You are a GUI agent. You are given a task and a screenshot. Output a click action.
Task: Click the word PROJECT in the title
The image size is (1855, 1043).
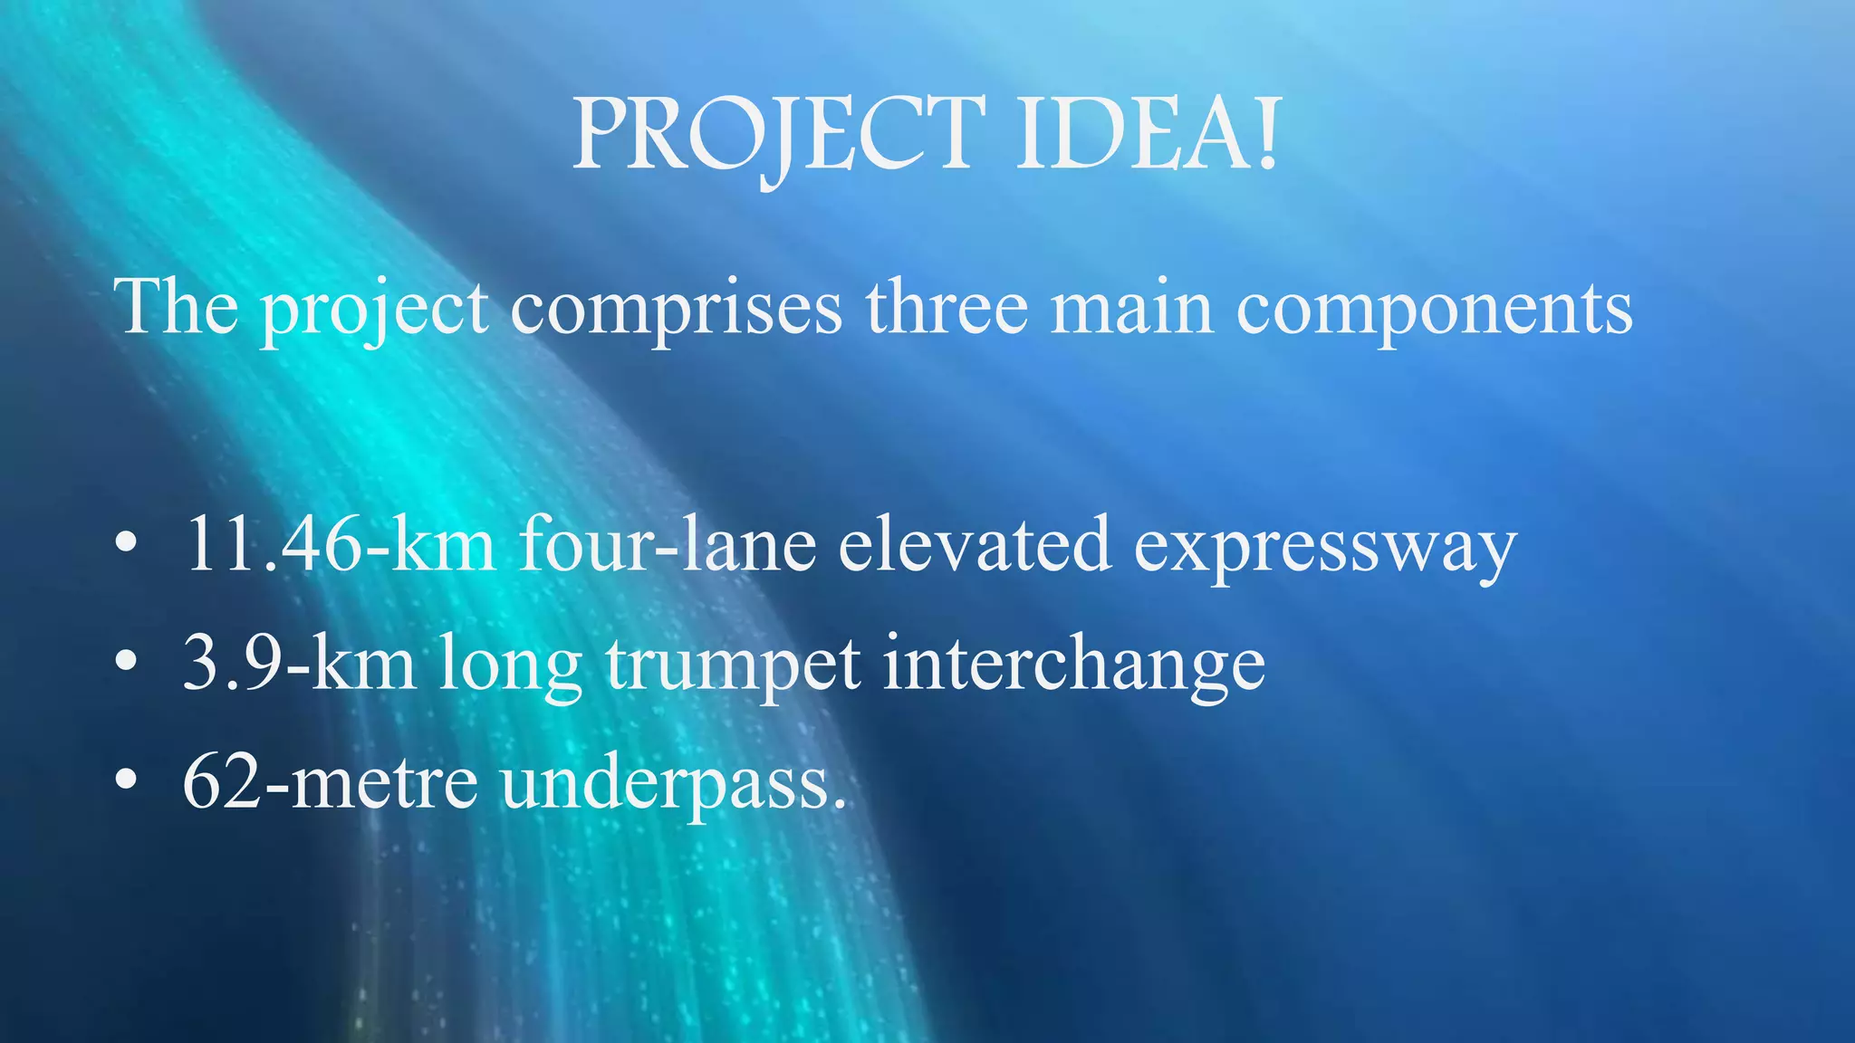point(779,136)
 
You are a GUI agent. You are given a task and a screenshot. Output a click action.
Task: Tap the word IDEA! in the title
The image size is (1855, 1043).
point(1147,136)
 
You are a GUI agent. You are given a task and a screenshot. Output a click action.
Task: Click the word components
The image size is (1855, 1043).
point(1435,310)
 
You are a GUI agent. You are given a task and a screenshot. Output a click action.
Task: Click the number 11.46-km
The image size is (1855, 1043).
point(341,545)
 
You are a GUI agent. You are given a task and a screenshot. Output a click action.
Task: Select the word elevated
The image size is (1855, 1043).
point(975,545)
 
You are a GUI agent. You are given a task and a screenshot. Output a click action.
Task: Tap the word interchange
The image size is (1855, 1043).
point(1074,665)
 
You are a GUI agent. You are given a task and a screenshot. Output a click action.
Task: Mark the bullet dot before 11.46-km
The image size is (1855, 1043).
point(127,544)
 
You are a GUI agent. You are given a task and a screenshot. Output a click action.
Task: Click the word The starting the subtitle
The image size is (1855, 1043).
point(177,308)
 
